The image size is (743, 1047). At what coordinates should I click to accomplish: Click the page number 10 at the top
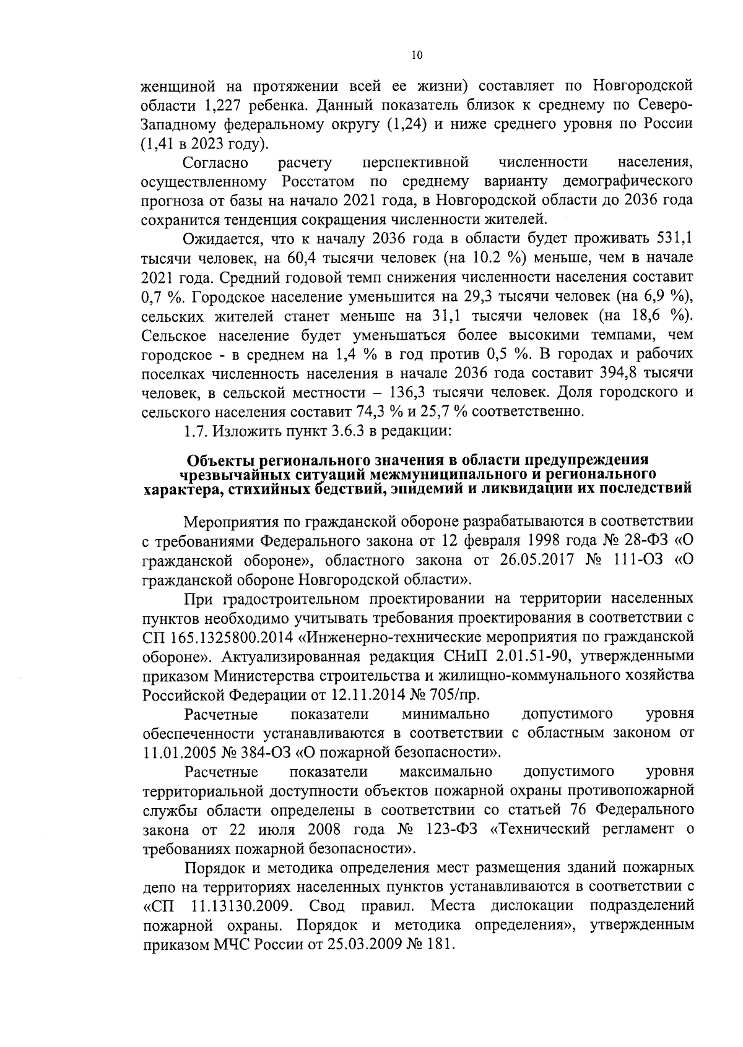[x=416, y=56]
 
